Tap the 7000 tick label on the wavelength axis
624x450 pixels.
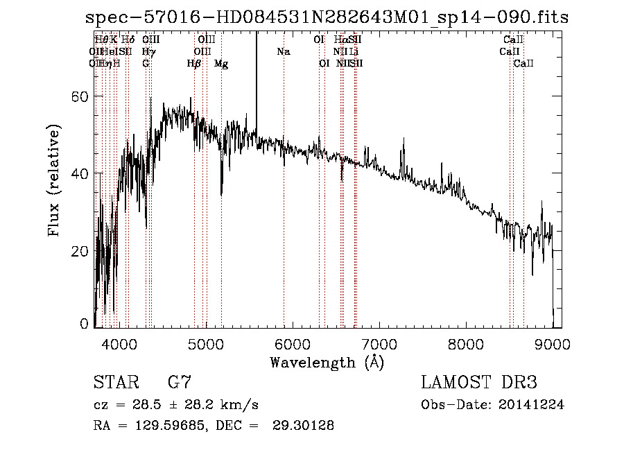[379, 345]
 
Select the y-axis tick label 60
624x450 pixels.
[80, 96]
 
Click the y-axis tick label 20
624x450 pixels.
[80, 251]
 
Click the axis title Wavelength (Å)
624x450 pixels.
[327, 362]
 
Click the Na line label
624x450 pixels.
[283, 51]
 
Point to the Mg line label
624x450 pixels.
[221, 64]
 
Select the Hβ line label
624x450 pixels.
[194, 64]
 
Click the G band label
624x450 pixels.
[146, 64]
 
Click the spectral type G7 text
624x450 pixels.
[180, 382]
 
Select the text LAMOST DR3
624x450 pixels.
[479, 382]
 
